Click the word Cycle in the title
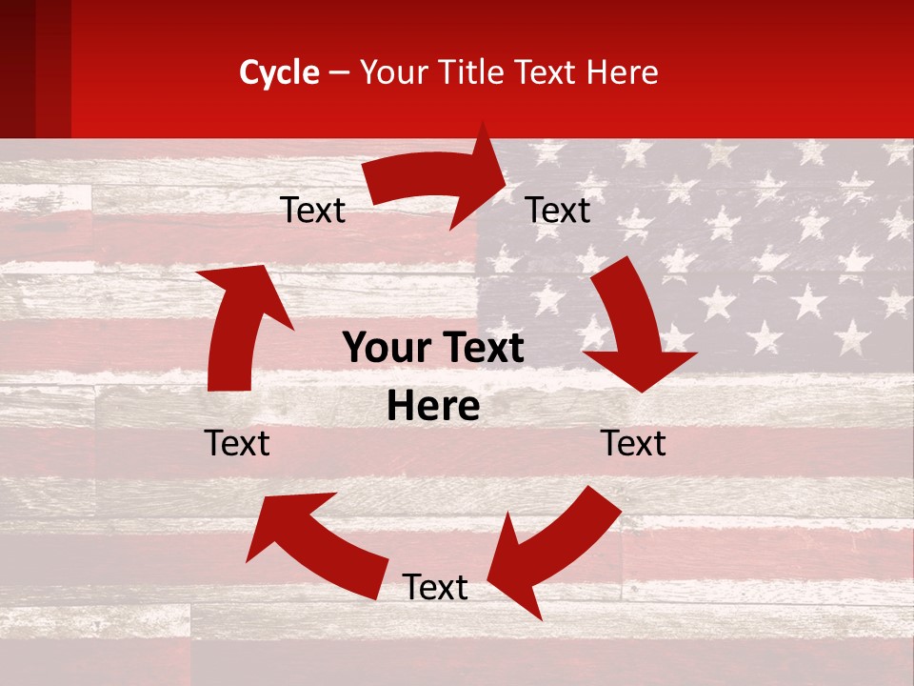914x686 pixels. pyautogui.click(x=279, y=72)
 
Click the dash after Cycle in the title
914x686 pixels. pyautogui.click(x=339, y=72)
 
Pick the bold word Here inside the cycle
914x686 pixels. pyautogui.click(x=433, y=407)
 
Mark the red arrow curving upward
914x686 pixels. pyautogui.click(x=238, y=324)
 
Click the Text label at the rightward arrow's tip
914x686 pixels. pyautogui.click(x=558, y=210)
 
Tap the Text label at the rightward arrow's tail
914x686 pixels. pyautogui.click(x=313, y=210)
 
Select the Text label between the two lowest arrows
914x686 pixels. pyautogui.click(x=435, y=587)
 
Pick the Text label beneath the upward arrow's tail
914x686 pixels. pyautogui.click(x=238, y=443)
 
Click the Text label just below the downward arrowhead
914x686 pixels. pyautogui.click(x=633, y=443)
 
